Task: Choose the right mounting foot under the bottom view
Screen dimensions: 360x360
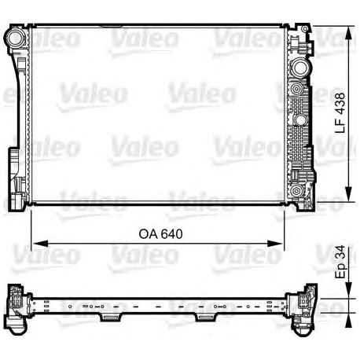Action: click(205, 317)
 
